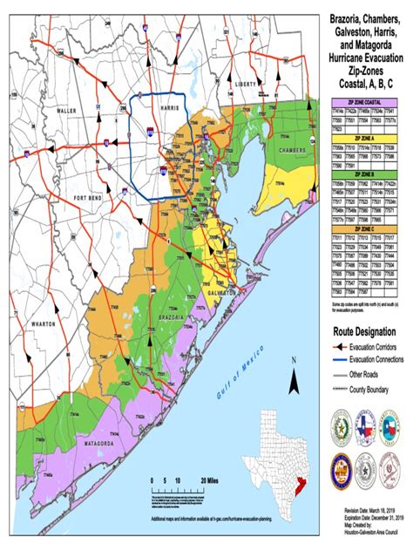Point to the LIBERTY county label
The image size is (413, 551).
(x=247, y=84)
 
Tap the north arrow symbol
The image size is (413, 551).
(x=295, y=377)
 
